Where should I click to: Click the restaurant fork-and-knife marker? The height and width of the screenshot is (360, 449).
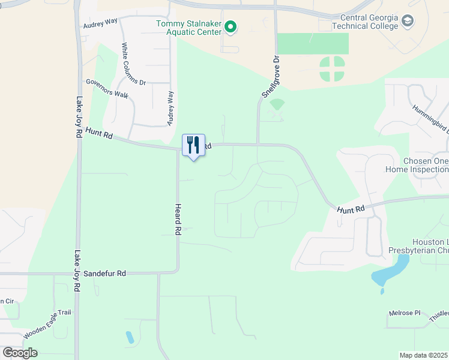pyautogui.click(x=193, y=146)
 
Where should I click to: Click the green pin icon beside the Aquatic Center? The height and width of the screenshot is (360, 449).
pyautogui.click(x=230, y=27)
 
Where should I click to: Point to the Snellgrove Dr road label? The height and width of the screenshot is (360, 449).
pyautogui.click(x=271, y=77)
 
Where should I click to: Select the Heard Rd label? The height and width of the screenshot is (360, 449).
pyautogui.click(x=178, y=218)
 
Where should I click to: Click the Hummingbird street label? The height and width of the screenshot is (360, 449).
pyautogui.click(x=430, y=118)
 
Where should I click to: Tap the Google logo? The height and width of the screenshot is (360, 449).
pyautogui.click(x=20, y=353)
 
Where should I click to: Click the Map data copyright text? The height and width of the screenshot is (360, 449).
pyautogui.click(x=423, y=355)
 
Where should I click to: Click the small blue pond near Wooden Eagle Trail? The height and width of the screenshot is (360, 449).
pyautogui.click(x=130, y=337)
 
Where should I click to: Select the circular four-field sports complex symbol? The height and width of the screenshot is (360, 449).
pyautogui.click(x=332, y=69)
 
